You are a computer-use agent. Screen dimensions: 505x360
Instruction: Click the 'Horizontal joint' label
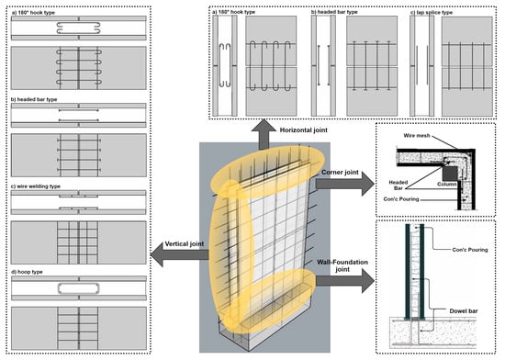click(303, 130)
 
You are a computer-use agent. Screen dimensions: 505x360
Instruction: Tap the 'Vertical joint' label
click(185, 243)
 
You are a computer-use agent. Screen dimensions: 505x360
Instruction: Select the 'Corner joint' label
click(340, 173)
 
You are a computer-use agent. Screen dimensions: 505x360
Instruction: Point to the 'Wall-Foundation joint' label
click(342, 265)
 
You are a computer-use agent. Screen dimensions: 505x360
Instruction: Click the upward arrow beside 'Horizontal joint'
click(264, 134)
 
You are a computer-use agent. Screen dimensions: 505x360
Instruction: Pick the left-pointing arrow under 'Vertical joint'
click(179, 254)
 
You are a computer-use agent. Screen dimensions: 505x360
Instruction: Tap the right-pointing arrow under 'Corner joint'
click(345, 184)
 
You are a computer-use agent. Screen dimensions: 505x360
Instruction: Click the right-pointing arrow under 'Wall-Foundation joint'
click(345, 281)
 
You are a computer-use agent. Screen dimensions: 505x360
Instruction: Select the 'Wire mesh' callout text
click(417, 136)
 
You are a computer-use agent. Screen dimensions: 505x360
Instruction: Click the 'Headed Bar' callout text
click(398, 185)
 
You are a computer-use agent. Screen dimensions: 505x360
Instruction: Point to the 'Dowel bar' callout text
click(464, 311)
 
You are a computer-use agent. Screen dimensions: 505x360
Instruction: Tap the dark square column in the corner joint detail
click(450, 174)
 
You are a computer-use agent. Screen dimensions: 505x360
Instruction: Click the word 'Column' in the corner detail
click(446, 185)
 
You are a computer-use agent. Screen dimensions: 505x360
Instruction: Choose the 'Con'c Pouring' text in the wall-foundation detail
click(470, 250)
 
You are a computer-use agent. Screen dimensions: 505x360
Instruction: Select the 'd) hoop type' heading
click(27, 272)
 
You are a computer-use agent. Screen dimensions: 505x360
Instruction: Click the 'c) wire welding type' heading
click(36, 186)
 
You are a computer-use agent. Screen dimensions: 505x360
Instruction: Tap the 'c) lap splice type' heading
click(432, 12)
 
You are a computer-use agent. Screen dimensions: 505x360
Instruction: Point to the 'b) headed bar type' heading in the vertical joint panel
click(34, 99)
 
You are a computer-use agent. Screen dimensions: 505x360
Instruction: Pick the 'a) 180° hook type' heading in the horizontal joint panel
click(233, 12)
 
